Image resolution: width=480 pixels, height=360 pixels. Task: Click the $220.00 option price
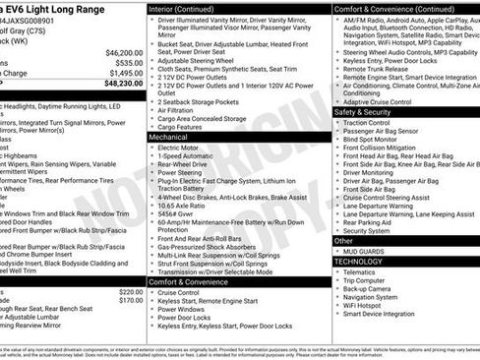pyautogui.click(x=130, y=291)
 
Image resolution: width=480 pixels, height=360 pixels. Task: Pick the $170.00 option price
pyautogui.click(x=130, y=301)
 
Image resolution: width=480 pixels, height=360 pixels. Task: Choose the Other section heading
pyautogui.click(x=343, y=240)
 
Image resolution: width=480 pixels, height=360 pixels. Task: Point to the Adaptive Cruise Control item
pyautogui.click(x=377, y=102)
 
